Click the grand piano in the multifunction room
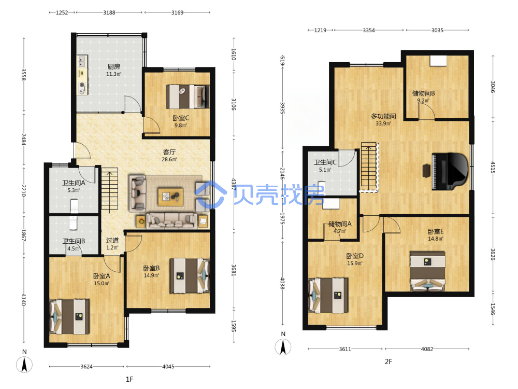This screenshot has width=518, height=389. [450, 171]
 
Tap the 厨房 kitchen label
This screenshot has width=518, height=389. [113, 66]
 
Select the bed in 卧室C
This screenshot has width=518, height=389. [188, 96]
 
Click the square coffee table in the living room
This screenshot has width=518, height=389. [170, 197]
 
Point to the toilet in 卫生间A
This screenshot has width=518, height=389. [74, 206]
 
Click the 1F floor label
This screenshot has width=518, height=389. [129, 379]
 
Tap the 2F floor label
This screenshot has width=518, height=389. [388, 362]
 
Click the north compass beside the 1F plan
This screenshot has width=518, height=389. [24, 365]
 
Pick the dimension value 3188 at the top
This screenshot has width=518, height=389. [109, 12]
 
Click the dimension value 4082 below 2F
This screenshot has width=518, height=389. [427, 349]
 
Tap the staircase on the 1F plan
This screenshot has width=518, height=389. [110, 190]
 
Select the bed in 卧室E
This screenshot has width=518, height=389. [428, 271]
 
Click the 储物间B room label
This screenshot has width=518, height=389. [423, 93]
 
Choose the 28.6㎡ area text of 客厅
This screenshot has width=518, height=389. [169, 159]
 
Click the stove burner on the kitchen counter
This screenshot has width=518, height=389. [82, 87]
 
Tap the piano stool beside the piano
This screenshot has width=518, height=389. [426, 171]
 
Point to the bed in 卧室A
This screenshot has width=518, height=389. [69, 316]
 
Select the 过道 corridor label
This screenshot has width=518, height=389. [112, 241]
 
